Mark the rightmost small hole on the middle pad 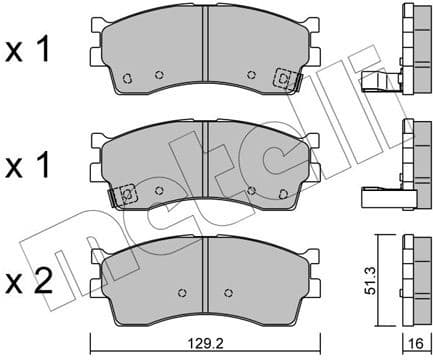pyautogui.click(x=283, y=195)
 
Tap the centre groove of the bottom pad pyautogui.click(x=205, y=270)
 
